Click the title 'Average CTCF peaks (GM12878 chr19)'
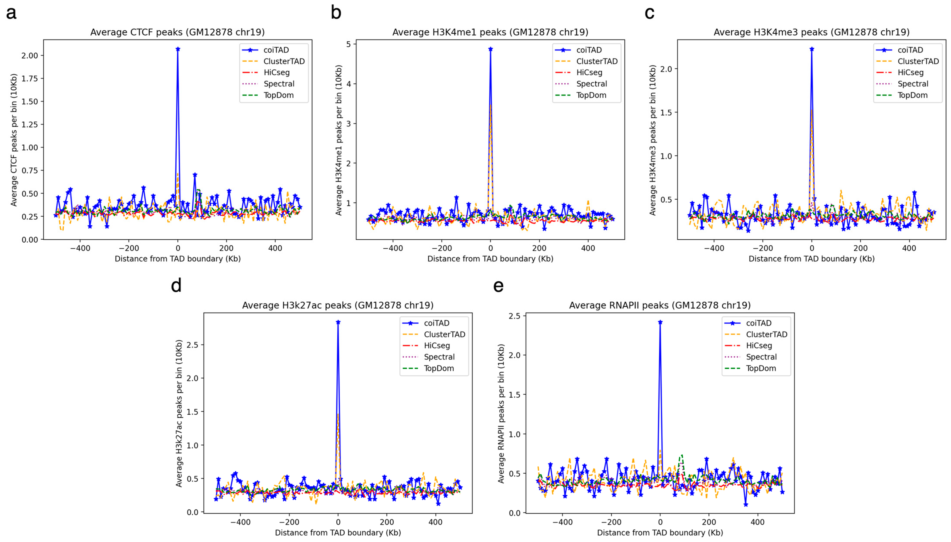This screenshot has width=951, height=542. point(177,32)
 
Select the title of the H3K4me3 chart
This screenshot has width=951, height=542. point(811,32)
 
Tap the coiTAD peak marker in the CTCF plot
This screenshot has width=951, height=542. point(178,49)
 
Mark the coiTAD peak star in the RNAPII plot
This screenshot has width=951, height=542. point(660,322)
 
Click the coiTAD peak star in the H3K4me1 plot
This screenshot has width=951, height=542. point(490,49)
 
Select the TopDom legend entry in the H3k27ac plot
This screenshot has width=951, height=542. point(439,368)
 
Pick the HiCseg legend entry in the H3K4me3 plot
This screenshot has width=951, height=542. point(910,73)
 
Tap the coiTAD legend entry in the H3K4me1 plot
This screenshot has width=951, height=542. point(589,50)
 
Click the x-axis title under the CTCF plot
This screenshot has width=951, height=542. point(177,259)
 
